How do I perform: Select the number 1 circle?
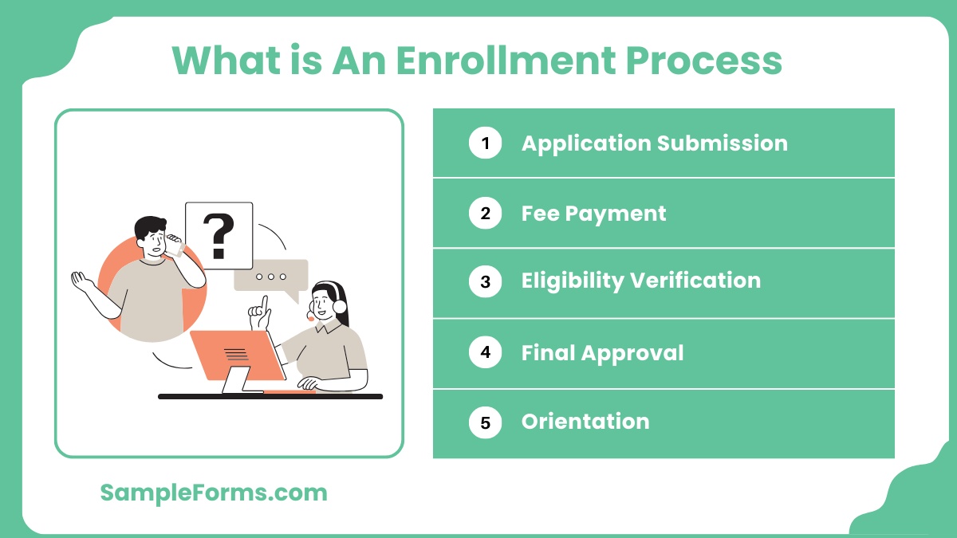485,143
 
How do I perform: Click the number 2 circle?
485,214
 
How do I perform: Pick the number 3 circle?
485,282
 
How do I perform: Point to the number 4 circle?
485,352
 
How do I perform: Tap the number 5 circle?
485,422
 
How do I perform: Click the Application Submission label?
654,143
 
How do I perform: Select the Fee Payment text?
593,214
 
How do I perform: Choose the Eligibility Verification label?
640,281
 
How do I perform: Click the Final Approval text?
602,352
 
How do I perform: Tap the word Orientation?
585,422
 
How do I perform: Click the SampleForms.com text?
214,493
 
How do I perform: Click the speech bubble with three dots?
271,276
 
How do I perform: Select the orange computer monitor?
236,355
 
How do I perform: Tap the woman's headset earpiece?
341,306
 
